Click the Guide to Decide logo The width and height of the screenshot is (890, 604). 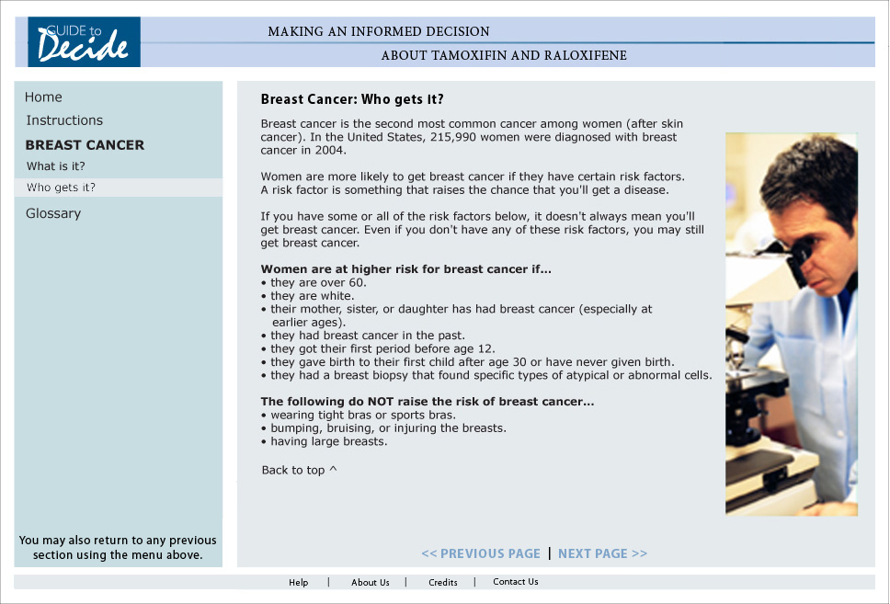pos(84,41)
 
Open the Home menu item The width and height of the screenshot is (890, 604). pos(43,97)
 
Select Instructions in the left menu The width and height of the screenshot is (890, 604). pos(64,120)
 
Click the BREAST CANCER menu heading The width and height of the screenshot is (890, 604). pos(85,145)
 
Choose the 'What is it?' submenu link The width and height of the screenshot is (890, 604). pos(56,166)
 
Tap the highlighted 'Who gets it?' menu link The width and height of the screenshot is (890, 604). pos(61,188)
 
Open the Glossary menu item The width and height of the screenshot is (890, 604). pos(53,213)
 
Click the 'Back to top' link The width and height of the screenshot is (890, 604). pos(299,470)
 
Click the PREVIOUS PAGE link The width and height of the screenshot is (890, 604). pos(481,553)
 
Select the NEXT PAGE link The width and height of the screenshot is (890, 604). pos(602,553)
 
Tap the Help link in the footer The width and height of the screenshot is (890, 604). pos(298,582)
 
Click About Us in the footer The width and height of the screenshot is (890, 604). pos(370,582)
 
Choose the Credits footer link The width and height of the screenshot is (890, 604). pos(442,582)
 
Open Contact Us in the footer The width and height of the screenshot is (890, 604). pos(515,581)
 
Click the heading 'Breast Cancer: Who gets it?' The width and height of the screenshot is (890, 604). pos(352,99)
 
